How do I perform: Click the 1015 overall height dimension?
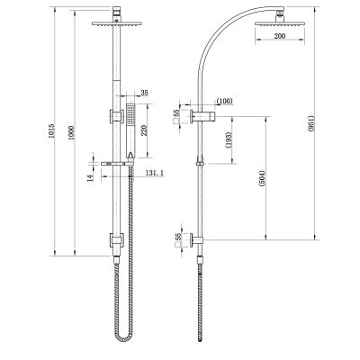[x=52, y=130]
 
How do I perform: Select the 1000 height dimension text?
[x=72, y=132]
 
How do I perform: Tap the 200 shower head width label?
[x=280, y=36]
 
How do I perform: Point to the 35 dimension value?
[x=144, y=93]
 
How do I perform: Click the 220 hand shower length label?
[x=145, y=130]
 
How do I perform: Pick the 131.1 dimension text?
[x=154, y=173]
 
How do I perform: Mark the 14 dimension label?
[x=90, y=177]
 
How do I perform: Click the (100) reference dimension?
[x=225, y=101]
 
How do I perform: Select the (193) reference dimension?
[x=229, y=140]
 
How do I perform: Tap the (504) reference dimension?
[x=263, y=179]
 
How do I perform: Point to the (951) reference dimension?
[x=310, y=123]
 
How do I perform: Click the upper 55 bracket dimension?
[x=176, y=112]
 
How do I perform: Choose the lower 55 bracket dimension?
[x=178, y=237]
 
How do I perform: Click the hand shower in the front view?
[x=130, y=130]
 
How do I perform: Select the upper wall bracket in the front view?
[x=116, y=116]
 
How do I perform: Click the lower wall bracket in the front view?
[x=116, y=240]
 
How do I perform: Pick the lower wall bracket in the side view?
[x=196, y=240]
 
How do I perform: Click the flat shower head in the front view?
[x=117, y=23]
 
